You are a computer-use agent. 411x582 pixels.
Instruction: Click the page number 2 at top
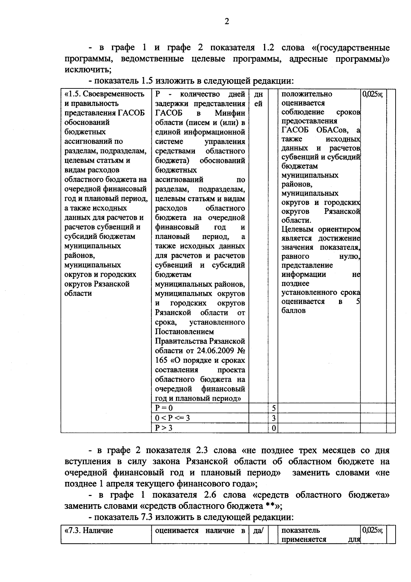click(x=226, y=22)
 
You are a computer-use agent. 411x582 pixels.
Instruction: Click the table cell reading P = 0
click(x=164, y=408)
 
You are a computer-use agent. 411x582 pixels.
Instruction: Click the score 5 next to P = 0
click(x=274, y=408)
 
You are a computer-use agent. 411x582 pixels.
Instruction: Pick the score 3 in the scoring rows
click(x=274, y=418)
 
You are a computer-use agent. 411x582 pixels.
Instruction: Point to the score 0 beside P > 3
click(x=274, y=428)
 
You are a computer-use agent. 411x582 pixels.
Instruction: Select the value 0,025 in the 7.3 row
click(x=372, y=530)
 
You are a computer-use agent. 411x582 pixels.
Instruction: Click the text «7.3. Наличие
click(x=89, y=531)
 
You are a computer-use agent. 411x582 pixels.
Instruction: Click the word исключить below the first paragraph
click(x=87, y=70)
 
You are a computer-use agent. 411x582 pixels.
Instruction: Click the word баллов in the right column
click(x=294, y=311)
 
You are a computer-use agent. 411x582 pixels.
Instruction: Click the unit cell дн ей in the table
click(x=258, y=99)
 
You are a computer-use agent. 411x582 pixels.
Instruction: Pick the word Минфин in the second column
click(x=230, y=113)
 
